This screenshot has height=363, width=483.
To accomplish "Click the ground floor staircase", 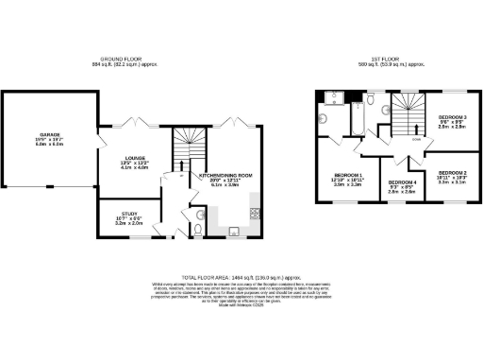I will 183,147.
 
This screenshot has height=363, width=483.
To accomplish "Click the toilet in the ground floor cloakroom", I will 197,227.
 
